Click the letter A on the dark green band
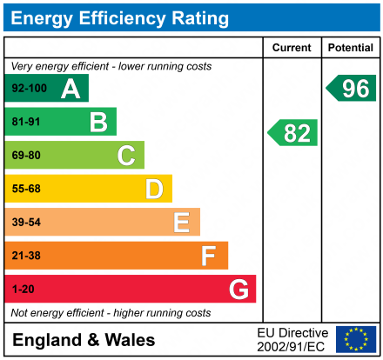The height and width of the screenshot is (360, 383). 71,89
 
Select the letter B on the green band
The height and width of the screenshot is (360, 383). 98,122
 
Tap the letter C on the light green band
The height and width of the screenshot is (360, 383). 126,156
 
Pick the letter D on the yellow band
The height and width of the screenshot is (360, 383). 154,189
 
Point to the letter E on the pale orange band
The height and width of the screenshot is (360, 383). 181,223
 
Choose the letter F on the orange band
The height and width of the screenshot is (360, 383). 209,256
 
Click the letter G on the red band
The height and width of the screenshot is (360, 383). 238,289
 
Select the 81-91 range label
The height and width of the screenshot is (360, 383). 25,122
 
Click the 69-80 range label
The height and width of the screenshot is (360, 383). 25,156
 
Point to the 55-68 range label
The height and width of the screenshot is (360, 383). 25,189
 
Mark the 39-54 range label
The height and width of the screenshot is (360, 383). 25,223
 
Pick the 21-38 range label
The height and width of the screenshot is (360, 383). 25,256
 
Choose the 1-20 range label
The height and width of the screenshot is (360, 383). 22,289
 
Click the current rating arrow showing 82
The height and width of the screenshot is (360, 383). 293,133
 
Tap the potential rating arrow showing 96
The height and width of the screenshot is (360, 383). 352,88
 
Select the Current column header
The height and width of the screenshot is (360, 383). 292,48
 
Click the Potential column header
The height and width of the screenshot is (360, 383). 351,48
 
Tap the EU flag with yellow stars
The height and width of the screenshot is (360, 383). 356,339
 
